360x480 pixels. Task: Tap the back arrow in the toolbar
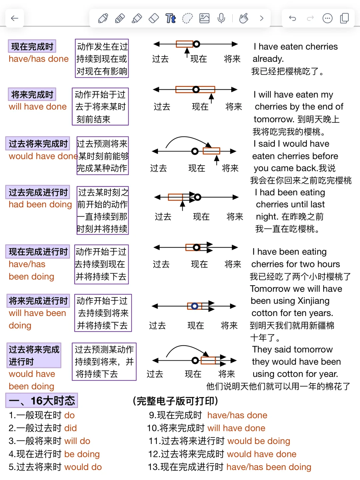coord(15,18)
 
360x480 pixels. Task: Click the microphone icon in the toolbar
coord(221,18)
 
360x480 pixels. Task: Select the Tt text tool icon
coord(170,18)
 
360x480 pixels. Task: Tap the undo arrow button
coord(292,18)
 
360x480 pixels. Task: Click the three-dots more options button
coord(327,18)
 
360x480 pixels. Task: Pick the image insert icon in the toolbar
coord(204,18)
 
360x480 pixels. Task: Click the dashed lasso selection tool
coord(187,18)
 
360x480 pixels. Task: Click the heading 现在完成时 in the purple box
coord(32,46)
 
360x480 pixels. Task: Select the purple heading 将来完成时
coord(32,94)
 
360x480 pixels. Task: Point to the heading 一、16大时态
coord(42,400)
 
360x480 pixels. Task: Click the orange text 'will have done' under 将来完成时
coord(38,107)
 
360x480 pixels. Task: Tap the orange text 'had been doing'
coord(40,204)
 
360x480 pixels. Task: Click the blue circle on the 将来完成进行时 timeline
coord(195,306)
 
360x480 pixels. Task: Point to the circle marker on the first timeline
coord(197,44)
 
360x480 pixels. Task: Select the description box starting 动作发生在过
coord(102,58)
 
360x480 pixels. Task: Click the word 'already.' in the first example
coord(268,59)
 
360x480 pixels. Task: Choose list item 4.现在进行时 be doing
coord(54,454)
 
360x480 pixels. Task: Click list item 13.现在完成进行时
coord(230,467)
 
